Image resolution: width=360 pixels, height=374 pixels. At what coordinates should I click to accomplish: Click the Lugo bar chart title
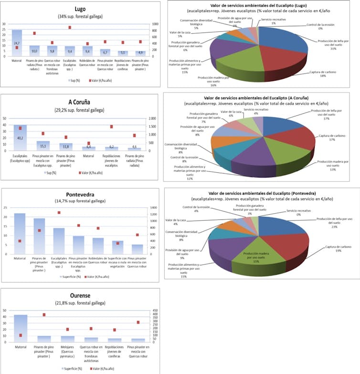pyautogui.click(x=80, y=10)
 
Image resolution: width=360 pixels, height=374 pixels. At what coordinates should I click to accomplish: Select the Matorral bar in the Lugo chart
pyautogui.click(x=17, y=43)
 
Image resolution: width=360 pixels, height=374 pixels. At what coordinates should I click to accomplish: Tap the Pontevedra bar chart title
pyautogui.click(x=80, y=194)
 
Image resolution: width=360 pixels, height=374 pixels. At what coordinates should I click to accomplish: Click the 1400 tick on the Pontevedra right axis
pyautogui.click(x=153, y=208)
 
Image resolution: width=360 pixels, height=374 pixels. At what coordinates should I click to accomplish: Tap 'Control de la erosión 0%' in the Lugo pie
pyautogui.click(x=321, y=27)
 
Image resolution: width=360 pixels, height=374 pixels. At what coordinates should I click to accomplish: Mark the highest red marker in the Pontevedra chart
pyautogui.click(x=59, y=213)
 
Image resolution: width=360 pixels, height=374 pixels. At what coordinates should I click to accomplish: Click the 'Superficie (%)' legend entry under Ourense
pyautogui.click(x=73, y=369)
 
